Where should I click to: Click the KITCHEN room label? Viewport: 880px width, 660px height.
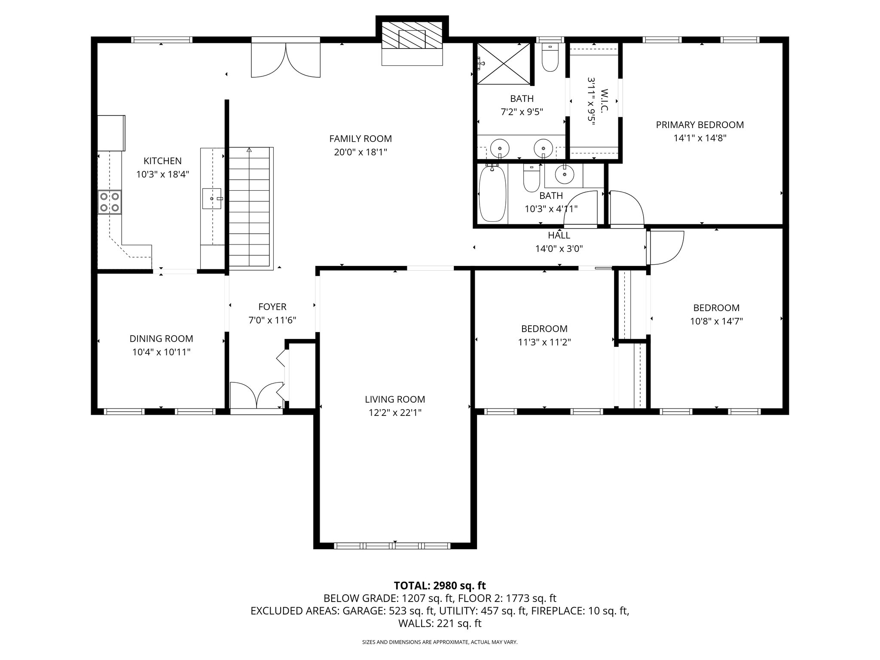pos(162,161)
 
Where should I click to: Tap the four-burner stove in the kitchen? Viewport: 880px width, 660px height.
pos(110,202)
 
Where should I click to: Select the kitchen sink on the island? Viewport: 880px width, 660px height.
pos(212,198)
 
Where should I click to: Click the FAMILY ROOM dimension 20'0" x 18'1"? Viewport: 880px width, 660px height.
pos(361,152)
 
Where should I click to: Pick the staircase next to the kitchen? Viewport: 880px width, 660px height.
pos(249,208)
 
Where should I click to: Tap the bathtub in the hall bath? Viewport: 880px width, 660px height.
pos(492,194)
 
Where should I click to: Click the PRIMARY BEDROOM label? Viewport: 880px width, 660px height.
pos(700,125)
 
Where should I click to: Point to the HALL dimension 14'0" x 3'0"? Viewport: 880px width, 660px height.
pos(559,248)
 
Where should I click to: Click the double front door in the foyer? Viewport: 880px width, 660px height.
pos(257,395)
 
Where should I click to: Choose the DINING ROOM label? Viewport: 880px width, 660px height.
pos(161,339)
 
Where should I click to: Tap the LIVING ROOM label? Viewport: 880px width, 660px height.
pos(395,399)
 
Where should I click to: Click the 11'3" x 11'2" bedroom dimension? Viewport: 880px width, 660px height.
pos(544,342)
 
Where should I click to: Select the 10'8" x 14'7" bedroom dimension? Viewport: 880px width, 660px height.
pos(716,321)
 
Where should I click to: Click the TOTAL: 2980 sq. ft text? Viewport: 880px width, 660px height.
pos(440,585)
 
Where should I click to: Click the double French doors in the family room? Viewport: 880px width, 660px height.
pos(286,60)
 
